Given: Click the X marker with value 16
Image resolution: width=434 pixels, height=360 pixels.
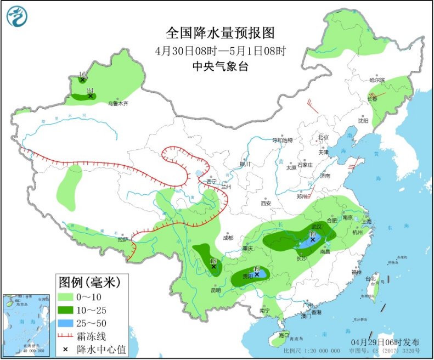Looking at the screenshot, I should click(82, 80).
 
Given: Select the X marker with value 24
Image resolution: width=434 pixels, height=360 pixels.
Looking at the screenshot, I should click(91, 96).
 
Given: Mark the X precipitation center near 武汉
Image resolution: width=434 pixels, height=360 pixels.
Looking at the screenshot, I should click(312, 240).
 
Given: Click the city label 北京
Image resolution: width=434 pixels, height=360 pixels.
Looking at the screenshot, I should click(322, 137).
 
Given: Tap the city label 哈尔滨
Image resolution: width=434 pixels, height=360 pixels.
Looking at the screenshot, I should click(377, 81).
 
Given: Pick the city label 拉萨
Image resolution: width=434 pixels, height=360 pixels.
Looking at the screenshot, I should click(122, 239).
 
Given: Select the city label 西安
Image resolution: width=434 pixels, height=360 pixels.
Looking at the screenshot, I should click(266, 203).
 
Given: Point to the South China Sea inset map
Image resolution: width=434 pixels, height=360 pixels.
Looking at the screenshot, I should click(26, 323).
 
